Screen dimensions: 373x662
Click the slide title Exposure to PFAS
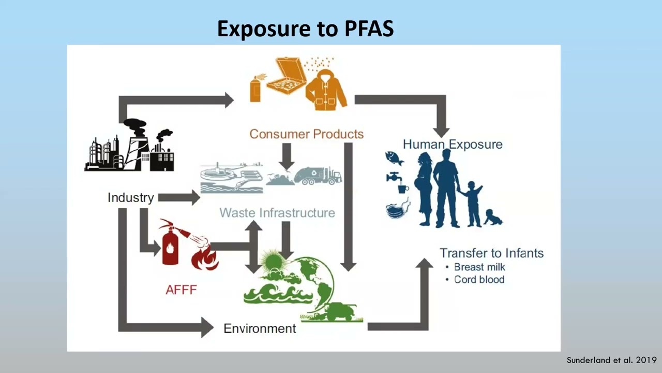coord(305,29)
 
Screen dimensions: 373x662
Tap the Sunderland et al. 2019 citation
coord(611,360)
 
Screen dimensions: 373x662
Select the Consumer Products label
coord(307,134)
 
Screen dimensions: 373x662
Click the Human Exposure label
coord(453,144)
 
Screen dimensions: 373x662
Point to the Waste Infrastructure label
coord(277,213)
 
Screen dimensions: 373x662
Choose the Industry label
coord(130,197)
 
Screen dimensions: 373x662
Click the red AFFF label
coord(181,290)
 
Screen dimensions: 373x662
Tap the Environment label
coord(260,328)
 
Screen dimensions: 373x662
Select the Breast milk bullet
coord(479,267)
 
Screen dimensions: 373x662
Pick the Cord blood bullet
coord(479,279)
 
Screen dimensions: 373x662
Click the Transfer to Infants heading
coord(491,253)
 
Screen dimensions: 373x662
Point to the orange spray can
coord(255,89)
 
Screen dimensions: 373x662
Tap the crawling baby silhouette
coord(493,218)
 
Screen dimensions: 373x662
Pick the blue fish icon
coord(394,157)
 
